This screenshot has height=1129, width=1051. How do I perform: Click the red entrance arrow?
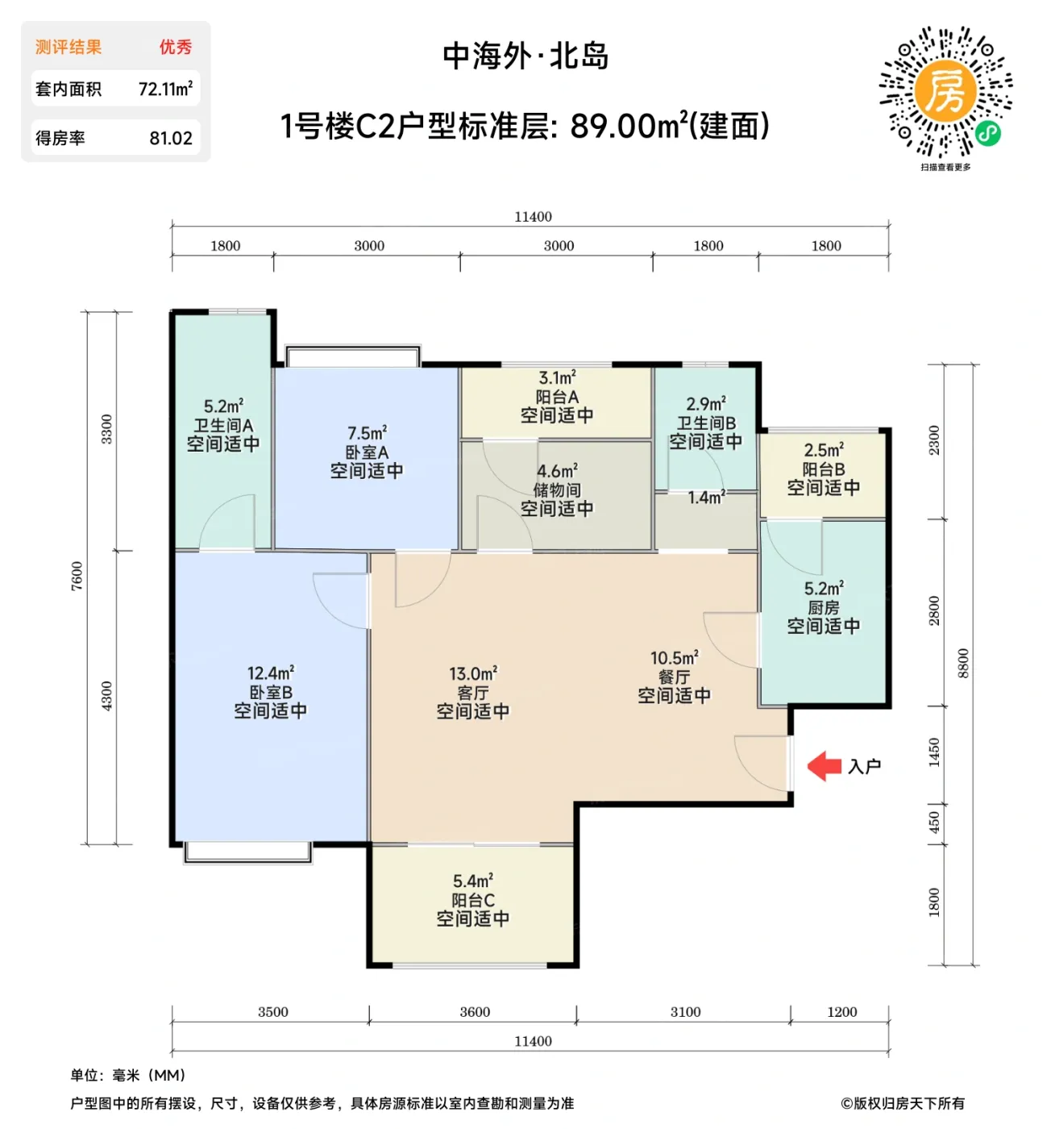click(824, 766)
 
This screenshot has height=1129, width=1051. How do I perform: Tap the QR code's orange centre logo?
click(945, 90)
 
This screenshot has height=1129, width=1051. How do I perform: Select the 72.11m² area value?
click(165, 89)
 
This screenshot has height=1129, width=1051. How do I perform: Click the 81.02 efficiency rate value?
click(171, 139)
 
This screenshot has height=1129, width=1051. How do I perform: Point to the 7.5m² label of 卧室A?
click(367, 433)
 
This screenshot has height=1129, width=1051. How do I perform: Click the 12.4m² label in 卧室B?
click(271, 673)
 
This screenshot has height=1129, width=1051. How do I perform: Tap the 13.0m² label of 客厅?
click(473, 673)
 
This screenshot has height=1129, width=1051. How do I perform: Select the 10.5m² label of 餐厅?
click(675, 658)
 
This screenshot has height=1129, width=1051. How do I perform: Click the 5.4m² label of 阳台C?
click(473, 881)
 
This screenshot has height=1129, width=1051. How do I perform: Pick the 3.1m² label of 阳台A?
click(557, 377)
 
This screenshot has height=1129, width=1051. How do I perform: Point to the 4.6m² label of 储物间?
click(557, 471)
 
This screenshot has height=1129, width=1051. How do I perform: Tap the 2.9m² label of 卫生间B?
click(706, 403)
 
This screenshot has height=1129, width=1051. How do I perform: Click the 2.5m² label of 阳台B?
click(824, 450)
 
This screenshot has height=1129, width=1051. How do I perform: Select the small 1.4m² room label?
click(706, 498)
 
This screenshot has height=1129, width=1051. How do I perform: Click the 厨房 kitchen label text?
click(824, 608)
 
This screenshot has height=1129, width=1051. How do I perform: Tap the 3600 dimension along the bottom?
click(475, 1012)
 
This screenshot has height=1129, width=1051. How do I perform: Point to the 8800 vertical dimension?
click(963, 663)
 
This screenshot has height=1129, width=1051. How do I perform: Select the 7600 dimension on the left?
click(77, 576)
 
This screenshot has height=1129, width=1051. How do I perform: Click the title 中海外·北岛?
click(525, 56)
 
